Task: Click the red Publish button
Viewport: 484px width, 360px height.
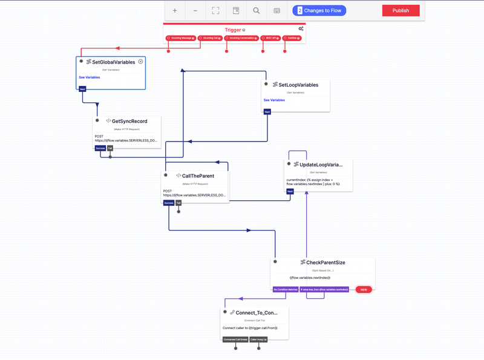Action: coord(401,10)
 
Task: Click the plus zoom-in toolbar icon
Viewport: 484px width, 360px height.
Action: coord(175,10)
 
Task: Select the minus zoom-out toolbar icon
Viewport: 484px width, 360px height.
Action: coord(195,10)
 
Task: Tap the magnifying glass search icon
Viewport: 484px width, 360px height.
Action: coord(257,10)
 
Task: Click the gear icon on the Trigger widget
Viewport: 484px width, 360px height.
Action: coord(301,29)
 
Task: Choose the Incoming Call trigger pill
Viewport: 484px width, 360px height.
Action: coord(209,38)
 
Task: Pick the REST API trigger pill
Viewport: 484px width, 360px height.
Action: coord(270,38)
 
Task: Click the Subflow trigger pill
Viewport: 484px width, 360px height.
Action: coord(293,38)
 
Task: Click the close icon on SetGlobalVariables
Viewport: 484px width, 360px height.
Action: coord(140,62)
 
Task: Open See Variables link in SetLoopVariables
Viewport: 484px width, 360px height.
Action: coord(274,100)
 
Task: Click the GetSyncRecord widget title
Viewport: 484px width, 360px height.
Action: coord(129,121)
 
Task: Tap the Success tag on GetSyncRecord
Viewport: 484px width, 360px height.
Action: coord(100,148)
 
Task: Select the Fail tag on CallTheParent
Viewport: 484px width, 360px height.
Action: coord(178,203)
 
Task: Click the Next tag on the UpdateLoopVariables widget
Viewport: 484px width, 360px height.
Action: coord(290,191)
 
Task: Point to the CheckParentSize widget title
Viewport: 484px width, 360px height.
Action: coord(325,263)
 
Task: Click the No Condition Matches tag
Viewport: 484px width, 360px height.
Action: coord(285,289)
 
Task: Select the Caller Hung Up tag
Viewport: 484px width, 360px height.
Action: coord(258,339)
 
